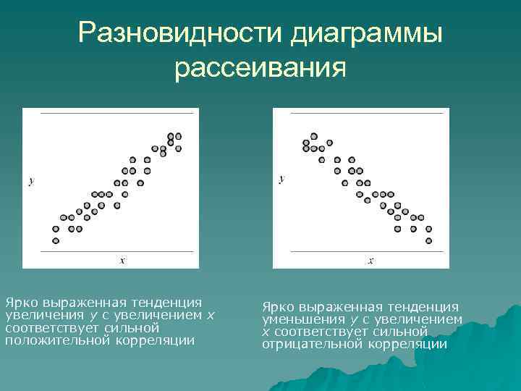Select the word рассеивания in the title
click(260, 68)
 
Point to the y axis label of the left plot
click(30, 182)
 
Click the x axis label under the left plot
click(122, 260)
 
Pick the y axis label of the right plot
click(281, 178)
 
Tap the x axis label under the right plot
click(370, 260)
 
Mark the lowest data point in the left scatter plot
click(56, 240)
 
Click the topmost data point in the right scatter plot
click(313, 135)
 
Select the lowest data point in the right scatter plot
click(428, 240)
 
